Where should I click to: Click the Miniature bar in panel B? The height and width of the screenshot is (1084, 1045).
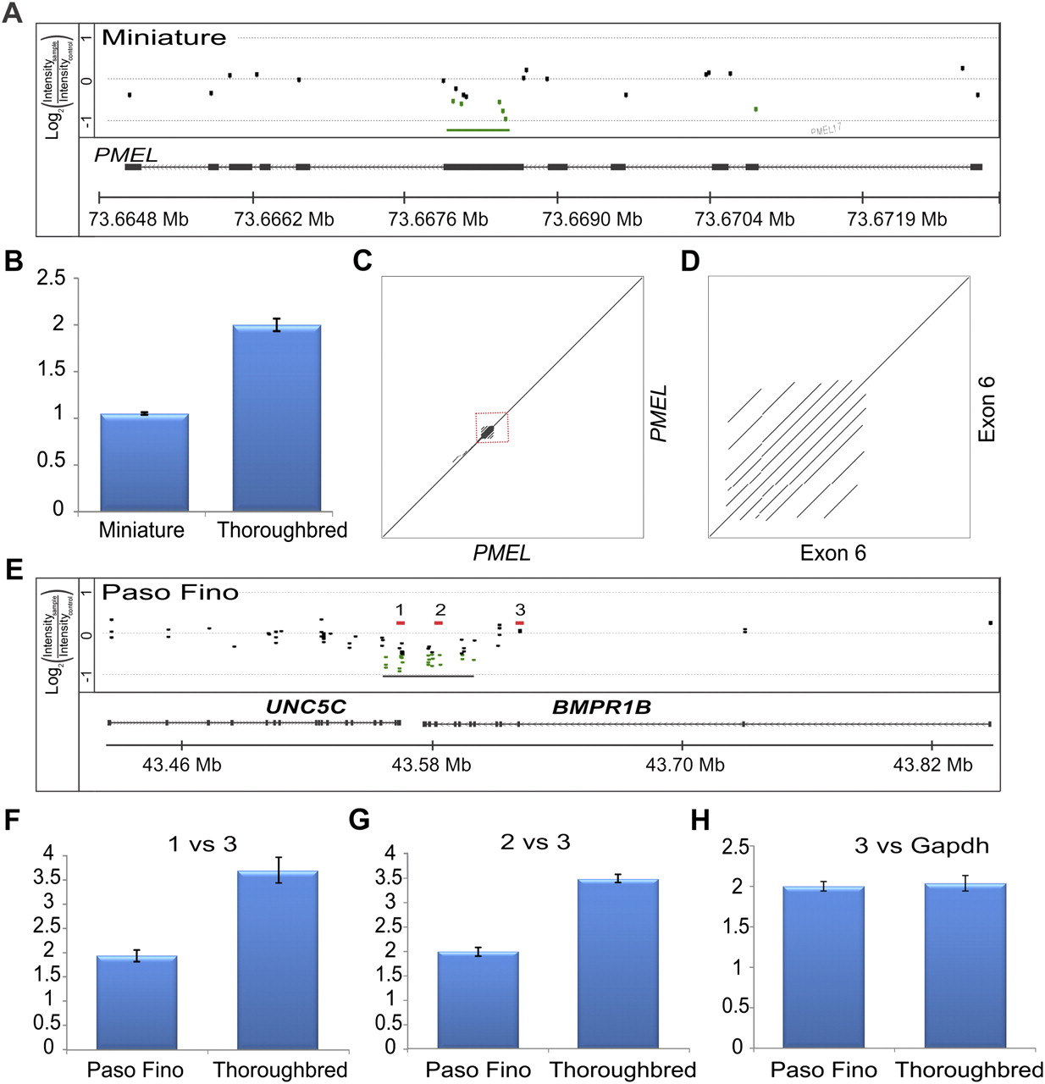[x=144, y=462]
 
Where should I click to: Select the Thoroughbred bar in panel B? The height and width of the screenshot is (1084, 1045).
[x=276, y=418]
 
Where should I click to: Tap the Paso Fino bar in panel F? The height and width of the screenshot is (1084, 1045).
[x=136, y=1003]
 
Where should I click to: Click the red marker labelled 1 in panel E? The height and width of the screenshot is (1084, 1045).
[x=400, y=622]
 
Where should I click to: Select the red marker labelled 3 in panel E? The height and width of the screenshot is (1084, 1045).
[x=520, y=622]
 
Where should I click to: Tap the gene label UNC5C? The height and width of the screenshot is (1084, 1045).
[x=306, y=707]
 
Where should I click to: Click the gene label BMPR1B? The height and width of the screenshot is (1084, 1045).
[x=601, y=707]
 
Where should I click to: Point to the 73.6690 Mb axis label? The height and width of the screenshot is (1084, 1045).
[x=592, y=219]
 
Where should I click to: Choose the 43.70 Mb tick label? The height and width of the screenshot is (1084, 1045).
[x=684, y=765]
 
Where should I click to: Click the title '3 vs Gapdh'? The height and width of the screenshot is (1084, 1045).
[x=921, y=845]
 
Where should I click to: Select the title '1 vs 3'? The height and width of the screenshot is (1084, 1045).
[x=202, y=843]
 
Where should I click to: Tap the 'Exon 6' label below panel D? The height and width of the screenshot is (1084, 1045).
[x=832, y=553]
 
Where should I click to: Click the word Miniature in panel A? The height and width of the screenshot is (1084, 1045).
[x=164, y=38]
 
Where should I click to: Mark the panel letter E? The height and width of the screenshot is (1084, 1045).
[x=14, y=569]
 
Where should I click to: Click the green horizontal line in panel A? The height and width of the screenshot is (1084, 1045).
[x=478, y=130]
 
